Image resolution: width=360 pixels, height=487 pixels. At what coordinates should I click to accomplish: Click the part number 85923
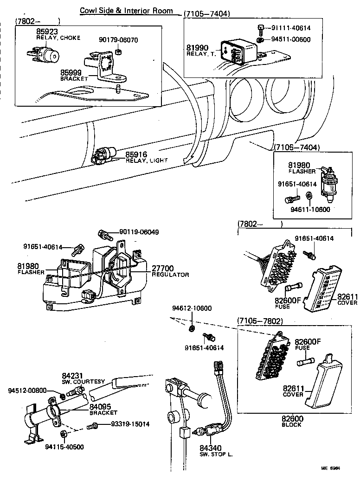click(x=46, y=31)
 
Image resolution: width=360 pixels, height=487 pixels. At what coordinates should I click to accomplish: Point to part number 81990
click(x=198, y=48)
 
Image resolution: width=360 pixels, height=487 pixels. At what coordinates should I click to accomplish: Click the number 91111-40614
click(x=291, y=28)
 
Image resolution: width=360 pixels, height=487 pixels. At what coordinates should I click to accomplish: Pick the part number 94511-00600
click(x=291, y=39)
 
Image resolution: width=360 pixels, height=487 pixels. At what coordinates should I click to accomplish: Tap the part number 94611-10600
click(x=310, y=209)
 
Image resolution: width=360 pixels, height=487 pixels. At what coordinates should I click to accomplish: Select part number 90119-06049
click(x=139, y=232)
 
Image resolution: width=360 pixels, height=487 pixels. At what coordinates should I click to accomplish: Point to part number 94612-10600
click(x=192, y=308)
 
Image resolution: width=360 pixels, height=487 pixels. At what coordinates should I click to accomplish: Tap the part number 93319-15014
click(x=130, y=424)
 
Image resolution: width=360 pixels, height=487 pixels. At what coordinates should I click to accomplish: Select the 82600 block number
click(x=292, y=419)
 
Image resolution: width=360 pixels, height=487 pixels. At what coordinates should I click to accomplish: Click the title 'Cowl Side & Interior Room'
click(x=127, y=10)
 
